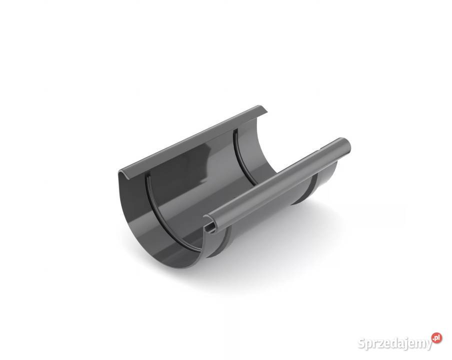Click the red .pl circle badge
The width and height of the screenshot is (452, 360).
click(436, 338)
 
